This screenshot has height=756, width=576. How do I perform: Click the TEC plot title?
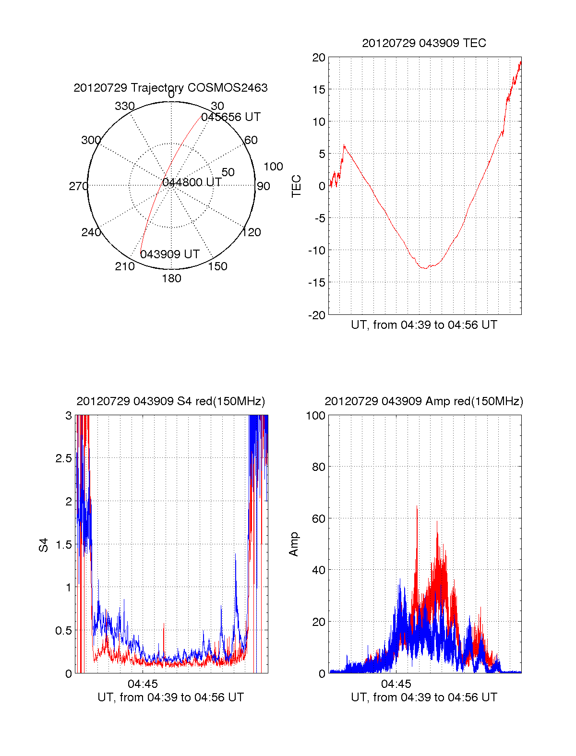click(424, 43)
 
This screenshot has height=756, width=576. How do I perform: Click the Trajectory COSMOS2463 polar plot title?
click(170, 88)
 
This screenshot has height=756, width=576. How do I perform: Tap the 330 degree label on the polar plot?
click(124, 106)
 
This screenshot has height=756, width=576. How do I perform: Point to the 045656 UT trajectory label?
click(231, 117)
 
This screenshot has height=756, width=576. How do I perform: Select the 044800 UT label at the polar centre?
click(192, 182)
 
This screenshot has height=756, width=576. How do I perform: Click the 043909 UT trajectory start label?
click(170, 254)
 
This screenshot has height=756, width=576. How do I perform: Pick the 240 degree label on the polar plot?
click(91, 232)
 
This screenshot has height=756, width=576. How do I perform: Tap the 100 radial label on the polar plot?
click(273, 167)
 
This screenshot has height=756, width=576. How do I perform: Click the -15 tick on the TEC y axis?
click(316, 283)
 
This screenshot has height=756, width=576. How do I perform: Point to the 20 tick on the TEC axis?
click(319, 58)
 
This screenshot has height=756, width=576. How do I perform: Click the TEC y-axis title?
click(297, 186)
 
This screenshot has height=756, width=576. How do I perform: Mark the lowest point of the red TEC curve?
click(424, 268)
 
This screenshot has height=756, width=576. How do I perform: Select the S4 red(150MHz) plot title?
click(170, 401)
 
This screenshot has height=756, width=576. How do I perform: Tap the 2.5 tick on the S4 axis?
click(63, 458)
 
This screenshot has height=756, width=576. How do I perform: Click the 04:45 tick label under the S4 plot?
click(143, 684)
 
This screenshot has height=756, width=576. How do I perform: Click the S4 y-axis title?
click(44, 545)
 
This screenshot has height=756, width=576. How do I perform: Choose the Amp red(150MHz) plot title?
click(424, 401)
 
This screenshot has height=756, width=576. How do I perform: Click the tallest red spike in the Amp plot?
click(417, 507)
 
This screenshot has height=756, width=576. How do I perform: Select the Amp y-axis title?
click(294, 544)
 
